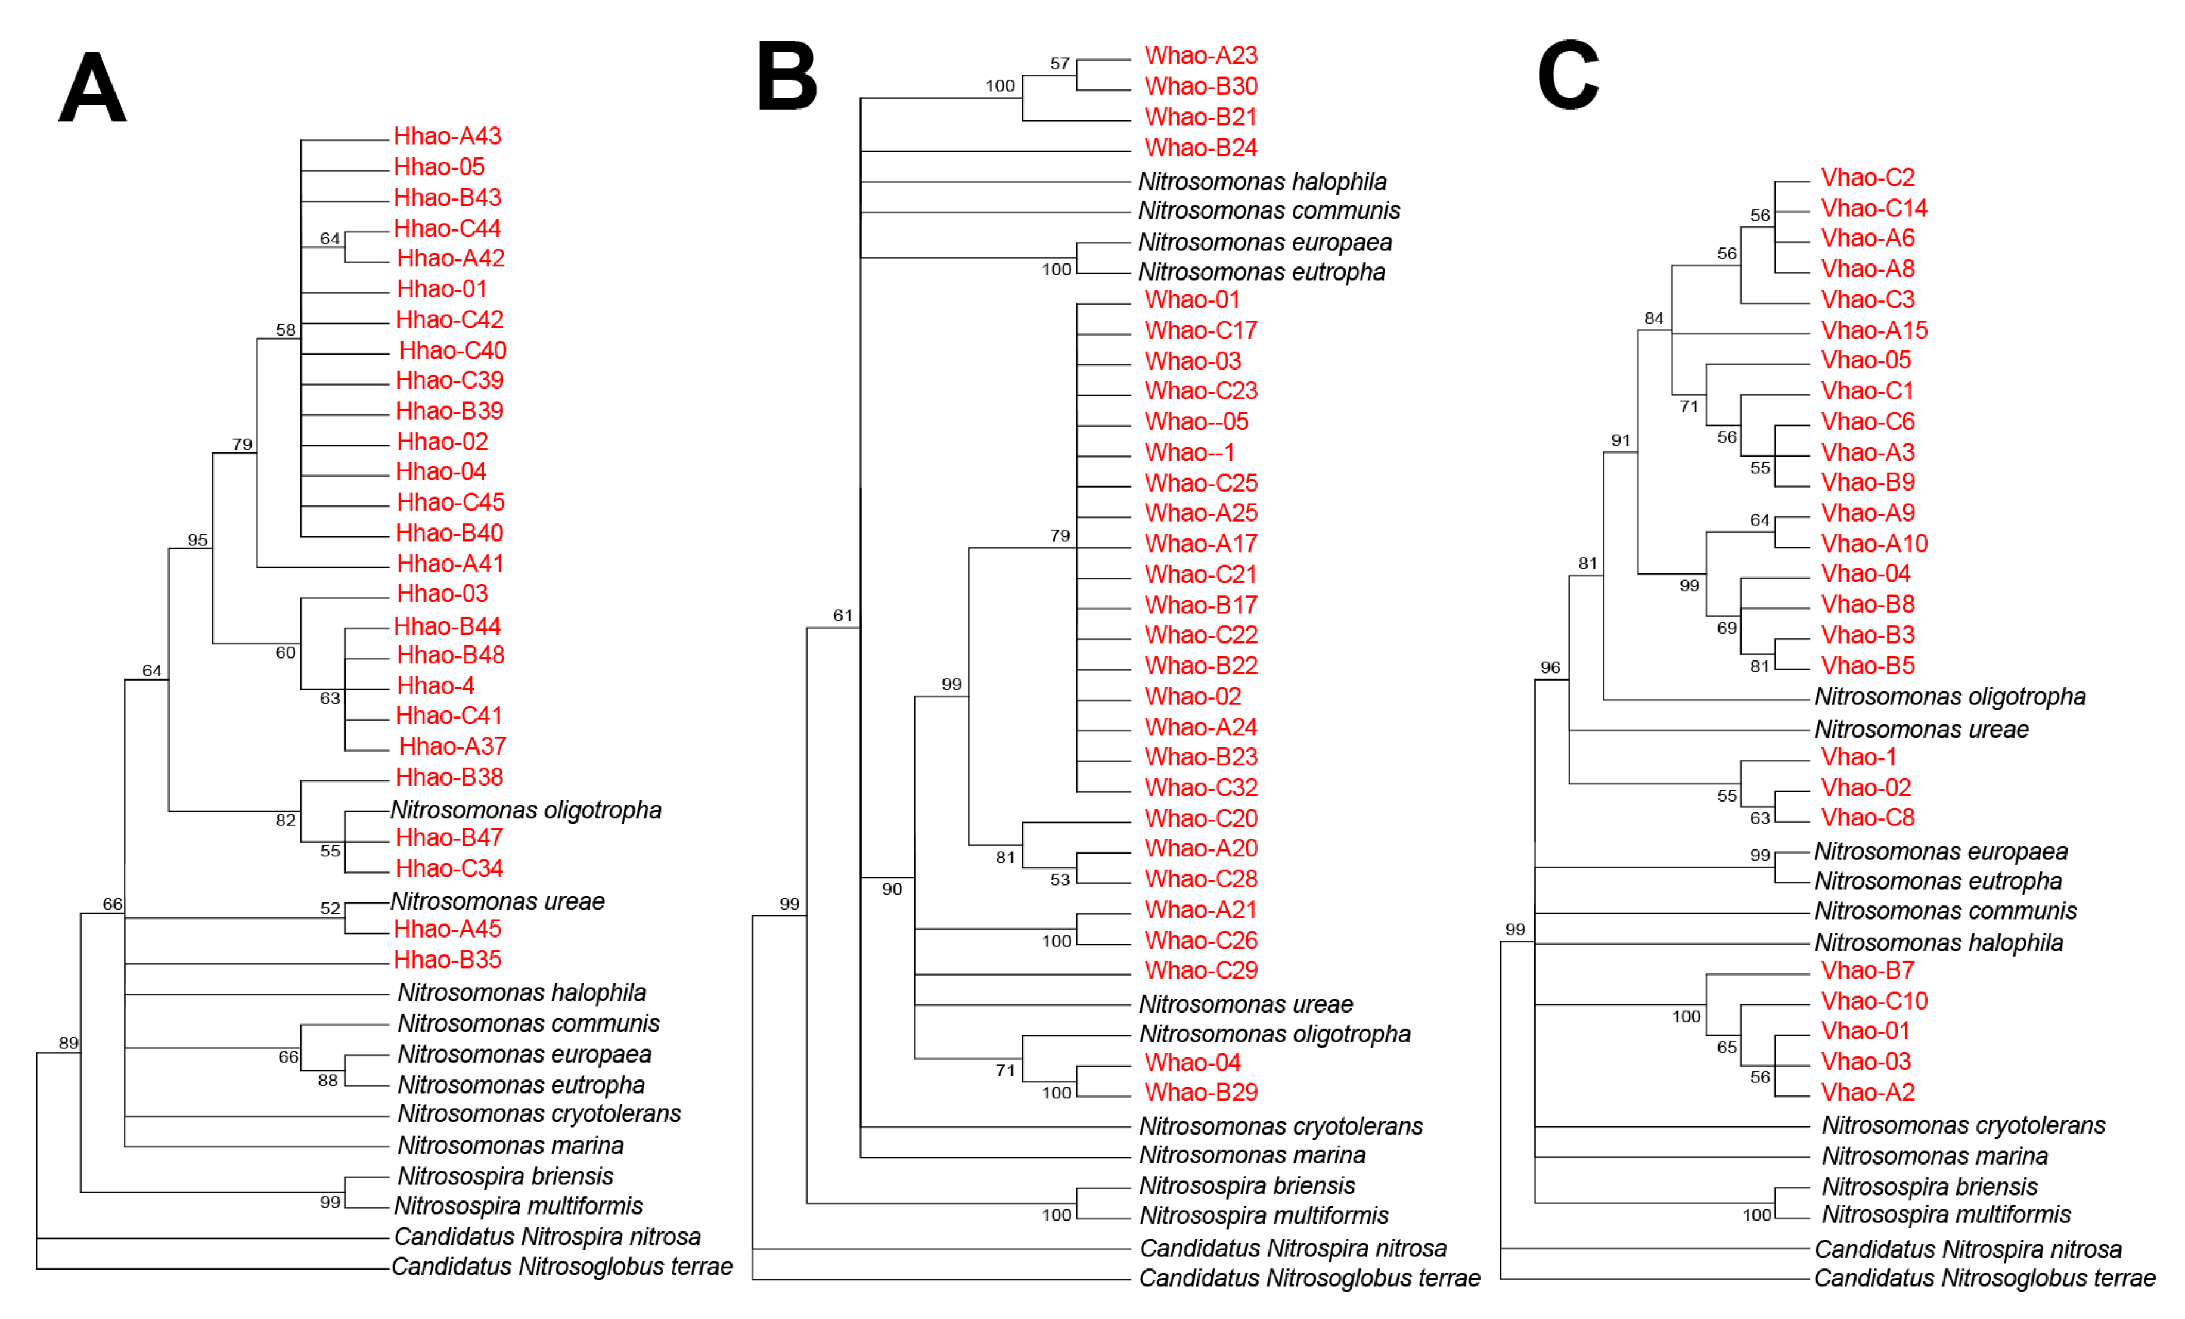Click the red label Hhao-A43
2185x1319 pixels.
[447, 136]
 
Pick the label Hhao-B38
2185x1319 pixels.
[449, 777]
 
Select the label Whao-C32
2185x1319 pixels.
[1201, 788]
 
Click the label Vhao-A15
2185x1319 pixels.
[1874, 331]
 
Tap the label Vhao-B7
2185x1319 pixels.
[1867, 970]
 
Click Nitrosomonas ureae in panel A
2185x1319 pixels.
[498, 901]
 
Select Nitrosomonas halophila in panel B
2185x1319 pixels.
[1262, 182]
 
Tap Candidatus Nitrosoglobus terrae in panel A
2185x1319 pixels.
[562, 1267]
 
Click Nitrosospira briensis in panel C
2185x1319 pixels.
[1930, 1187]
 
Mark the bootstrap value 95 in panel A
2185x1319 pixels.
[198, 540]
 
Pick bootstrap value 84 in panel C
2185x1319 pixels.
[1654, 318]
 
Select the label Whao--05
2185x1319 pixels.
[1196, 422]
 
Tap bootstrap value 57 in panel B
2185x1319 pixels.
[1060, 64]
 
